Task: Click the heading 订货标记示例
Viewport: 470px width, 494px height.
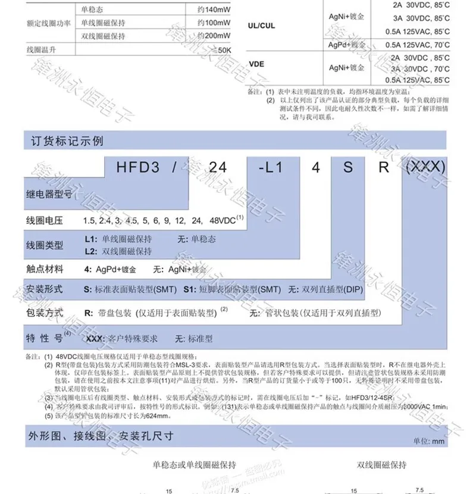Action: (x=67, y=142)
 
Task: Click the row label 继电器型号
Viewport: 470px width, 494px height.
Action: (x=49, y=193)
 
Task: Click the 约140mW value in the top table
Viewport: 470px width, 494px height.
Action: (x=214, y=10)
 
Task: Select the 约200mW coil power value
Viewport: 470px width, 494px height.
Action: (x=214, y=36)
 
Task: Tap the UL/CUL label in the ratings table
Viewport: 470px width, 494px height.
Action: (x=261, y=26)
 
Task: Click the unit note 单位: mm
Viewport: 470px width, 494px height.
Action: (x=428, y=441)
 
